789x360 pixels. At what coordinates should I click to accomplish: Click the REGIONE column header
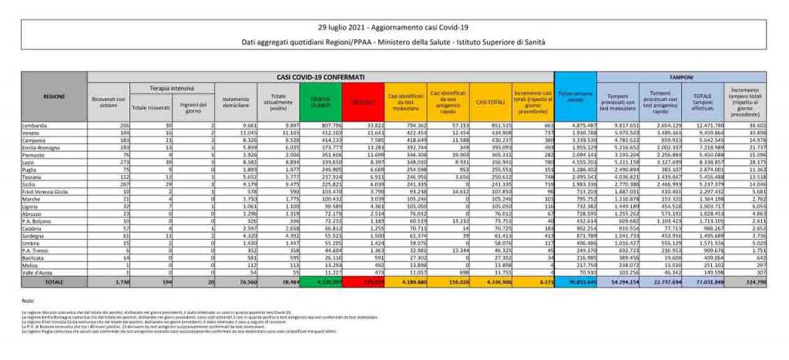tap(54, 96)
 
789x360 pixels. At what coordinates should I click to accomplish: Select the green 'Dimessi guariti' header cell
tap(319, 102)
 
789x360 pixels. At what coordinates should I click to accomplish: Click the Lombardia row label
tap(35, 124)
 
